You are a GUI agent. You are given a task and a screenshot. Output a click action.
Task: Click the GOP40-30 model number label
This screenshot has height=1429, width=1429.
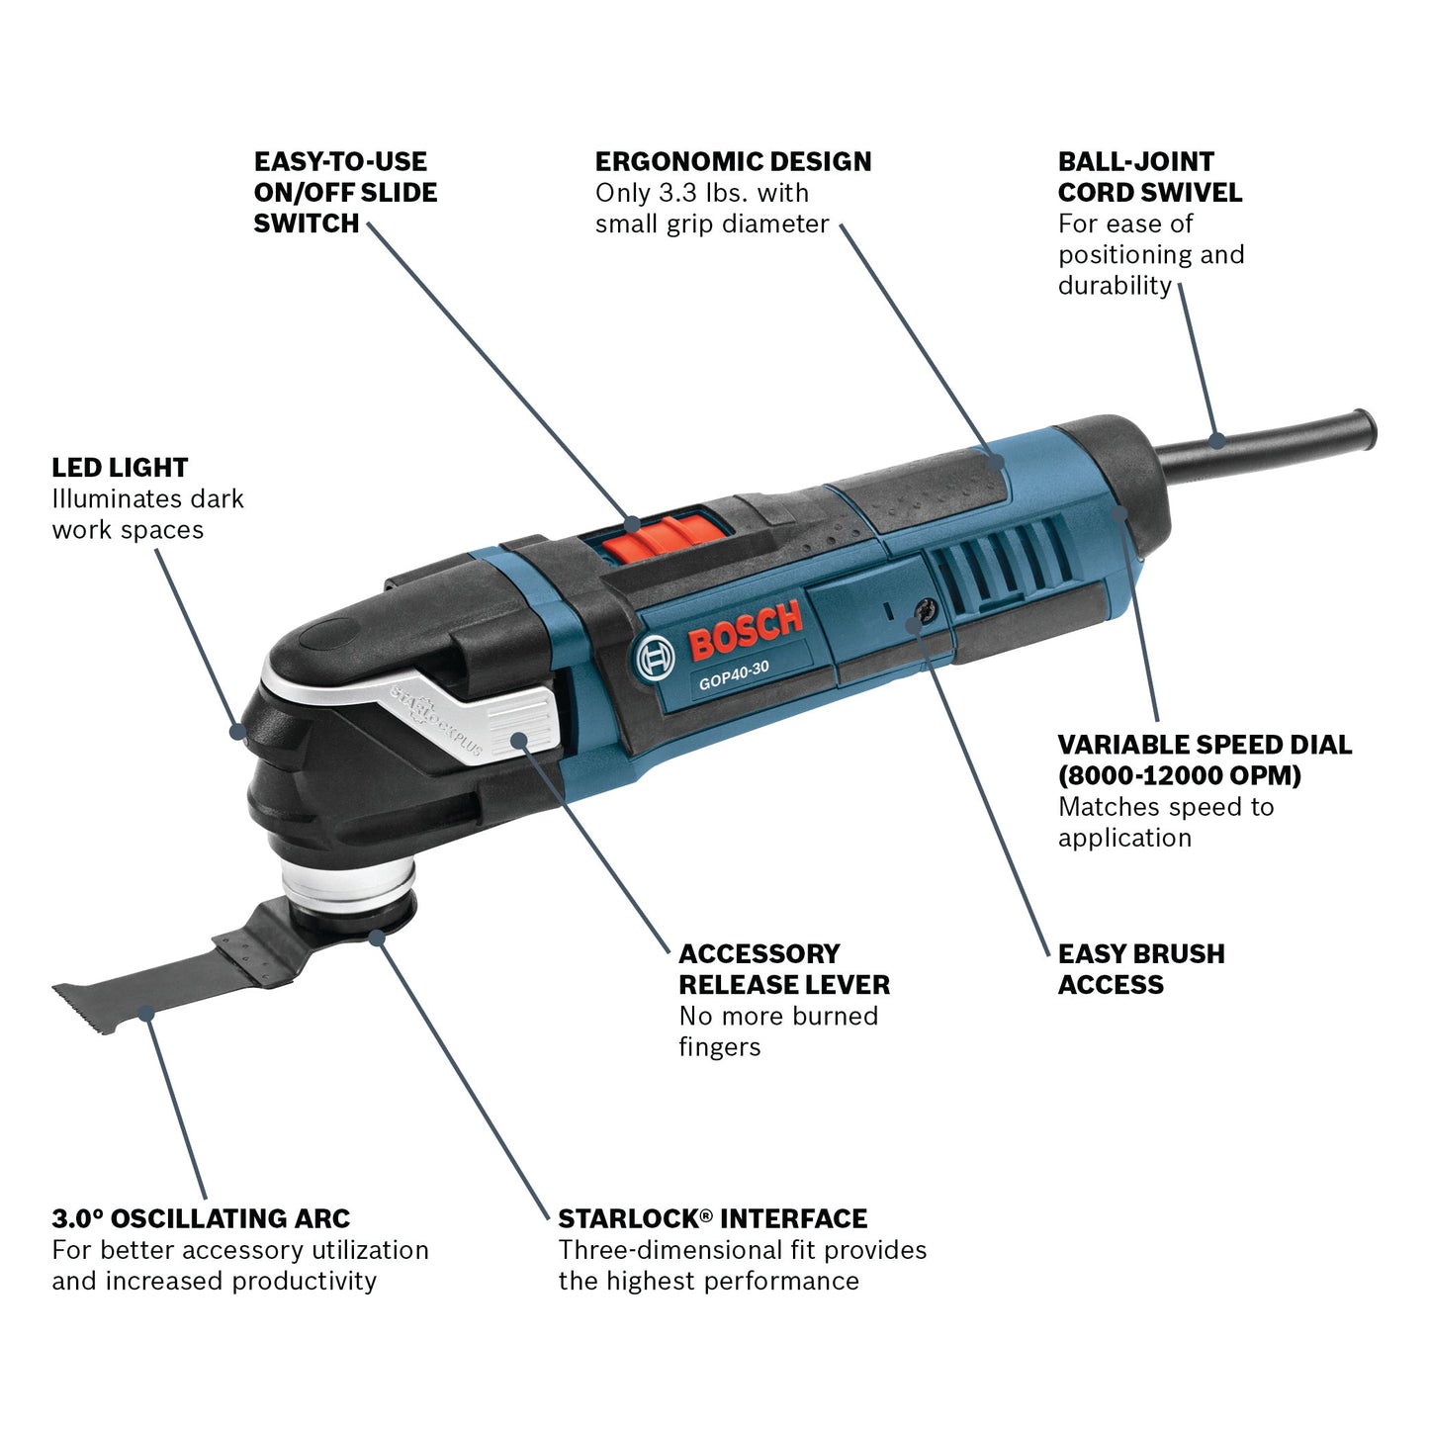pyautogui.click(x=734, y=674)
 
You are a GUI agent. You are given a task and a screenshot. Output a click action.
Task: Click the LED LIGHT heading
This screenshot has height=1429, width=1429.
pyautogui.click(x=120, y=468)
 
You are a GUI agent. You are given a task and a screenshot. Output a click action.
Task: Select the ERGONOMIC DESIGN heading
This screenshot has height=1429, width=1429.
pyautogui.click(x=733, y=162)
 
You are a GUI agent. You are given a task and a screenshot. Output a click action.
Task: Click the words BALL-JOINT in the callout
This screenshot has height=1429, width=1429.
pyautogui.click(x=1135, y=162)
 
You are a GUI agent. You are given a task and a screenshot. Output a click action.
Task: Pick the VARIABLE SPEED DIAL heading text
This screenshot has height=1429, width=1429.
pyautogui.click(x=1204, y=745)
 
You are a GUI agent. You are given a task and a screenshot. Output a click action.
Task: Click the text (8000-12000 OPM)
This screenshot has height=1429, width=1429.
pyautogui.click(x=1179, y=775)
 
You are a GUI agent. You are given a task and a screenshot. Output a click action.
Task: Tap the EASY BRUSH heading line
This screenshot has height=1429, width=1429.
pyautogui.click(x=1140, y=954)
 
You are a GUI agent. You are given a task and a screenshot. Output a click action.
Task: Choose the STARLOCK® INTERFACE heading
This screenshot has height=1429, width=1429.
pyautogui.click(x=712, y=1218)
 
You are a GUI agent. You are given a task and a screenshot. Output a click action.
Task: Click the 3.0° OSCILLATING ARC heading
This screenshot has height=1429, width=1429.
pyautogui.click(x=201, y=1218)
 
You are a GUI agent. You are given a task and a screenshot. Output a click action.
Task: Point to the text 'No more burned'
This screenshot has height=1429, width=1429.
pyautogui.click(x=778, y=1016)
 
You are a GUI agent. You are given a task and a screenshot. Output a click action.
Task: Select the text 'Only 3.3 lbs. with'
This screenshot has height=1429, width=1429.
pyautogui.click(x=701, y=193)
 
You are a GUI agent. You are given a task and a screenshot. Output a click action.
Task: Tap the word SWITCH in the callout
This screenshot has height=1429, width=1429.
pyautogui.click(x=306, y=223)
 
